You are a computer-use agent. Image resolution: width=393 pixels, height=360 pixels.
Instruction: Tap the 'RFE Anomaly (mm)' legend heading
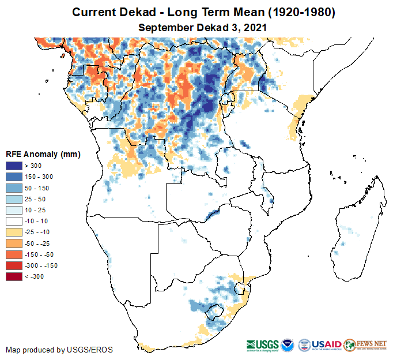coord(43,155)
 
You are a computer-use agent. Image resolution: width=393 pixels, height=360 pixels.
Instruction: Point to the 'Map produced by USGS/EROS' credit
coord(59,350)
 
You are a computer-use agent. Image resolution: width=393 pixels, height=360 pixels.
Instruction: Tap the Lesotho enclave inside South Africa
coord(216,312)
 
